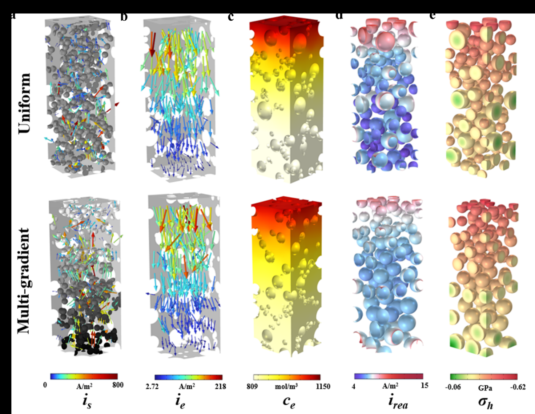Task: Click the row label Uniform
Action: tap(25, 103)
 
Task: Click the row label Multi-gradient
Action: tap(24, 281)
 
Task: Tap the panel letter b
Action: tap(124, 17)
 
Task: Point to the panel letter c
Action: tap(231, 17)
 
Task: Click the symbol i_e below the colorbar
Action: tap(182, 401)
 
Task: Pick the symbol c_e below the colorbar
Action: tap(289, 402)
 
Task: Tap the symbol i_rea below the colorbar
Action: tap(397, 402)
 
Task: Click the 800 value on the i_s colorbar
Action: tap(118, 384)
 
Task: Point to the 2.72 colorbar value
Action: tap(152, 386)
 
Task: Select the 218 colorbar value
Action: tap(220, 386)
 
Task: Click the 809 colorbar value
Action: tap(252, 386)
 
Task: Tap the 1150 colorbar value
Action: tap(323, 386)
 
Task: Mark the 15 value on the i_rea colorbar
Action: tap(425, 385)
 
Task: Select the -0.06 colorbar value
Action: tap(453, 387)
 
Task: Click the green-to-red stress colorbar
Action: tap(484, 376)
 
